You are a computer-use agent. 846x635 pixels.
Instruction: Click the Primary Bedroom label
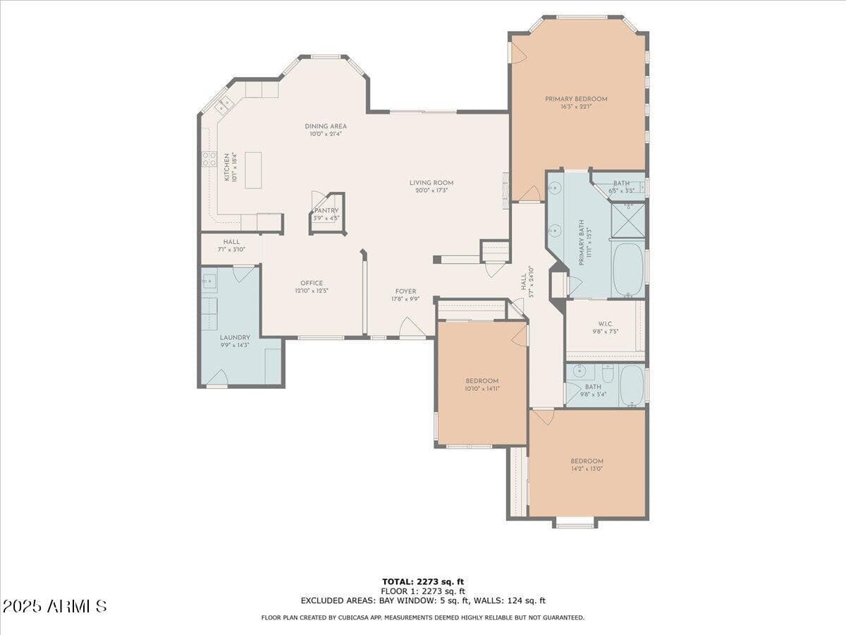coord(576,99)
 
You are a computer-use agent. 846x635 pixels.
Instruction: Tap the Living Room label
coord(431,183)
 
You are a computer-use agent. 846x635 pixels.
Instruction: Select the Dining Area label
coord(325,126)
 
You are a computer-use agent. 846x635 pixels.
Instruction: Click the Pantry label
coord(326,210)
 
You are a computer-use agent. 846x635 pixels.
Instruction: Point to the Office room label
coord(311,283)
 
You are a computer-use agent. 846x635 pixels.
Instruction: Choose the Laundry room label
coord(235,337)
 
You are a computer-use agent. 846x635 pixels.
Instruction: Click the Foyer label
coord(405,291)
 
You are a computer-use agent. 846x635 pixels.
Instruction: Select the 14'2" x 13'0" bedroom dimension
coord(587,469)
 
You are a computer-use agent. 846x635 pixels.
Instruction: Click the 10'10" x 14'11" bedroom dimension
coord(482,388)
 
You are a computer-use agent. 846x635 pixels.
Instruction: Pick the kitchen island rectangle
coord(253,169)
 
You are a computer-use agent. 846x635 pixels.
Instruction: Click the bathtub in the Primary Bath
coord(627,270)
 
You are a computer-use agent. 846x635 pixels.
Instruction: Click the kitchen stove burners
coord(209,159)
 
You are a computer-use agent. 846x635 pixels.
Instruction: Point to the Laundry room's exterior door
coord(216,378)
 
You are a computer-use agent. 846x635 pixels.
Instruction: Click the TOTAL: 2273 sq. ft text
coord(423,581)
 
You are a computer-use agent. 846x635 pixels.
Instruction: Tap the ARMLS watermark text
coord(55,606)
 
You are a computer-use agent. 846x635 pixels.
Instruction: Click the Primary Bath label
coord(582,242)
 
